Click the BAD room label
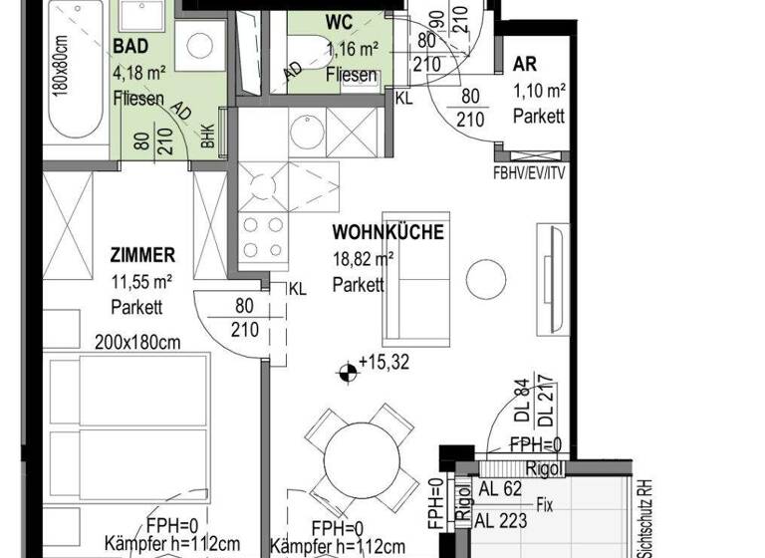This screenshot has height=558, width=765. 131,47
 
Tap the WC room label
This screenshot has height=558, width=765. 338,22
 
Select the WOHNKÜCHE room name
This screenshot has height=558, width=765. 387,233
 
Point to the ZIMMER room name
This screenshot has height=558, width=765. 143,255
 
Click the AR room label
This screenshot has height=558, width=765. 525,65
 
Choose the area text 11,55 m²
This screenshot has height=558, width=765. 140,282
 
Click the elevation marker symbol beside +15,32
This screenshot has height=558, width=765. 346,374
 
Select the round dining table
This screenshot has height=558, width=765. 363,456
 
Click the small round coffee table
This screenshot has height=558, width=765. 487,276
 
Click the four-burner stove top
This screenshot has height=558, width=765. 263,237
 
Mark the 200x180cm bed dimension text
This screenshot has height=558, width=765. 138,343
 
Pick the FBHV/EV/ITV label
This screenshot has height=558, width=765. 528,170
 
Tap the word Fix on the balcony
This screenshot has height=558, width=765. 544,505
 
